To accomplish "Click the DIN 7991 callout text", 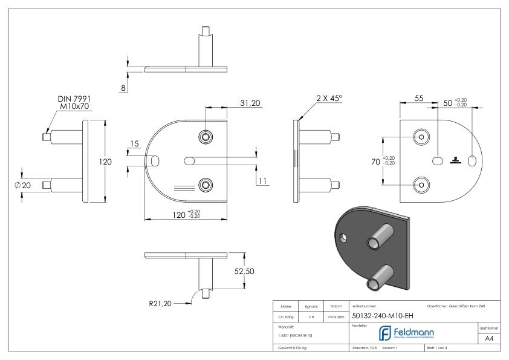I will point(74,99).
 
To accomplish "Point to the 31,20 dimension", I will point(249,103).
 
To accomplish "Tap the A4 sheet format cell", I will point(489,340).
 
